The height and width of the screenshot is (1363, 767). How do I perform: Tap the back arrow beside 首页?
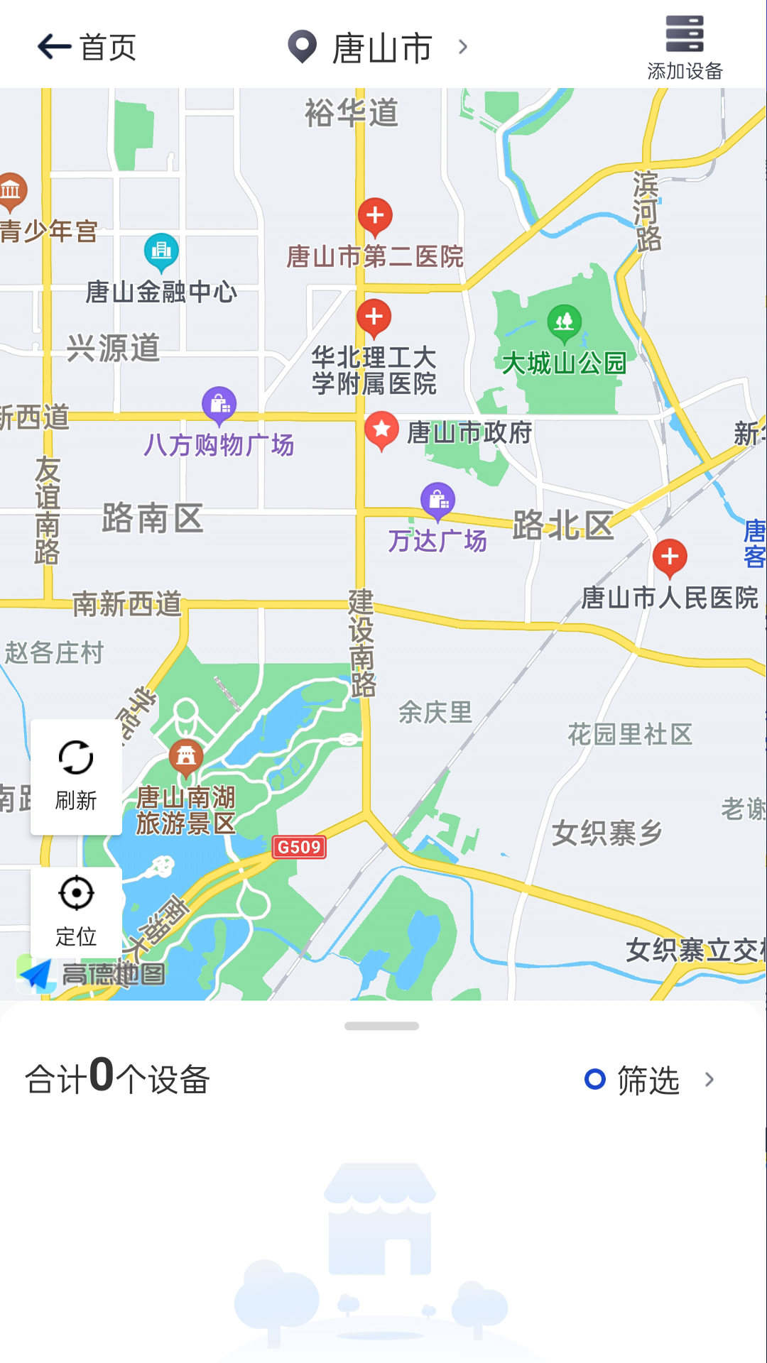tap(54, 48)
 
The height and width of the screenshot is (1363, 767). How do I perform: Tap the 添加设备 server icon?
tap(685, 34)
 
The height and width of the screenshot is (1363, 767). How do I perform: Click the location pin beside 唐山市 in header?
tap(302, 47)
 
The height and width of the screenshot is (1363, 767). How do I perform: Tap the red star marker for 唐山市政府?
tap(381, 429)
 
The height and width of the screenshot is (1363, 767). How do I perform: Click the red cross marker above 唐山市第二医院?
tap(375, 216)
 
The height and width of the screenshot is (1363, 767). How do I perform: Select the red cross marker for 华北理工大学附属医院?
tap(374, 317)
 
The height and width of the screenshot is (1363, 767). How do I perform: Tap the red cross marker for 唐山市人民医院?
tap(670, 557)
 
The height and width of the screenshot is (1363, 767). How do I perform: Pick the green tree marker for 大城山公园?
tap(564, 322)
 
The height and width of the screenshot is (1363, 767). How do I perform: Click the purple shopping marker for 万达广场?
tap(438, 500)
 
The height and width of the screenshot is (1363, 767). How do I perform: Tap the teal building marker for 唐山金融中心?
tap(162, 251)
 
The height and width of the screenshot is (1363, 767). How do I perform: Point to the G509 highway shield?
tap(299, 847)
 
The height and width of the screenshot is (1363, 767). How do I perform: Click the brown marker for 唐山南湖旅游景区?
tap(186, 757)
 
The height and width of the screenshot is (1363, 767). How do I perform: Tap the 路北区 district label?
tap(563, 525)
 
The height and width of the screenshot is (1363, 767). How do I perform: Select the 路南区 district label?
tap(153, 518)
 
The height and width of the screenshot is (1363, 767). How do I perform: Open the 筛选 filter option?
tap(648, 1080)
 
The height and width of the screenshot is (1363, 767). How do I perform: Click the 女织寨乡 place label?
tap(607, 833)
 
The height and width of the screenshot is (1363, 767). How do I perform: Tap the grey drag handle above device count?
tap(381, 1026)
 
